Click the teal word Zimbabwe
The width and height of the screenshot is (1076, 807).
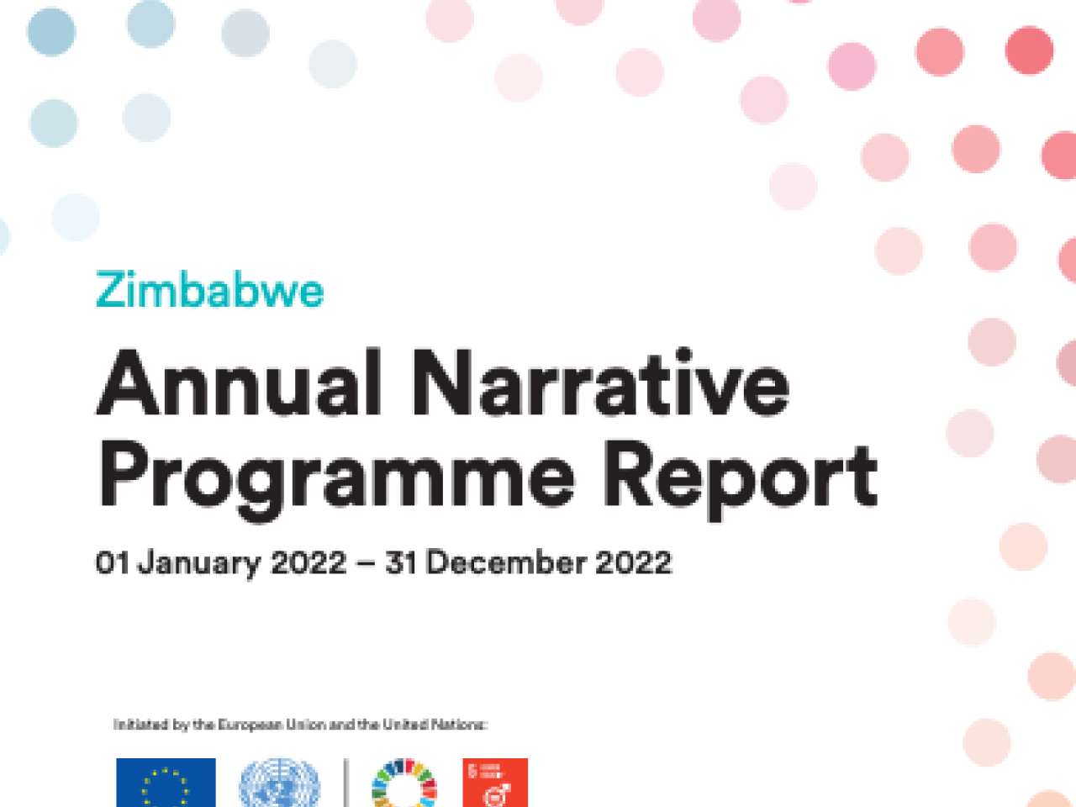(x=209, y=291)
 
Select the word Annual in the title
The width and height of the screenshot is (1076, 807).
(x=240, y=385)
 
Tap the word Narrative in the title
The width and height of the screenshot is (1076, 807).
(x=600, y=385)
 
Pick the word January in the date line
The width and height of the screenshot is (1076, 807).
(x=199, y=563)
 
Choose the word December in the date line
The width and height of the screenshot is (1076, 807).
(x=506, y=562)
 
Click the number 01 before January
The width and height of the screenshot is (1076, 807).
(x=112, y=562)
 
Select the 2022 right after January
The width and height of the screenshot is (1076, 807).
(x=309, y=562)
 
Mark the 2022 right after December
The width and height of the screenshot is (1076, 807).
(x=634, y=562)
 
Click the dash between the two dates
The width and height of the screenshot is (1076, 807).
(x=366, y=563)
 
